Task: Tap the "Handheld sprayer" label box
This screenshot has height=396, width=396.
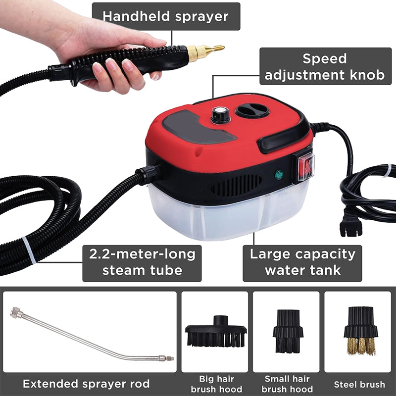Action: point(165,16)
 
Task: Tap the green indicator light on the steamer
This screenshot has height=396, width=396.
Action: point(278,174)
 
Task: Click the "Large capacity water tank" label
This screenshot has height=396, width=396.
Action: point(302,263)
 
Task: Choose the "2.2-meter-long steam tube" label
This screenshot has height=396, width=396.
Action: point(142,263)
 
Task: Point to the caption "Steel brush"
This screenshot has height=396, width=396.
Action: point(359,384)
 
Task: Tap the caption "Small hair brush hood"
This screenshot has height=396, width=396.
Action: point(287,384)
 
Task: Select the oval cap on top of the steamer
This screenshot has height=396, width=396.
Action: point(252,110)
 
